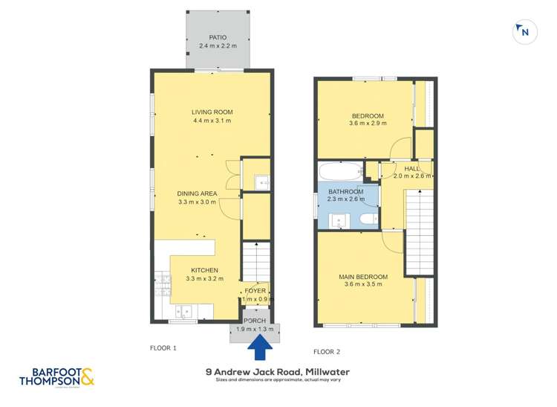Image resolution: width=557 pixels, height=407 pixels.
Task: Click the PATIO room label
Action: click(217, 37)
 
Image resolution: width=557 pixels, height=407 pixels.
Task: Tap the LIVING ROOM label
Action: click(212, 112)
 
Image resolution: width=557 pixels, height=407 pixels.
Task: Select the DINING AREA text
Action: click(197, 193)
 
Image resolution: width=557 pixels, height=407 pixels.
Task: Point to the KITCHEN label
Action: click(204, 270)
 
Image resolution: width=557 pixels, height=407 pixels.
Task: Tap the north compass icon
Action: click(524, 32)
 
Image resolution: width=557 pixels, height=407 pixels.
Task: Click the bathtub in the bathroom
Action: click(340, 170)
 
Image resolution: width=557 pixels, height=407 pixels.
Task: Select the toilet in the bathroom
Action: click(368, 219)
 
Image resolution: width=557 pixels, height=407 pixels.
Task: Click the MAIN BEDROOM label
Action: click(363, 275)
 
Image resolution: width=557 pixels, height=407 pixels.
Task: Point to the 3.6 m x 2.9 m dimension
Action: click(368, 124)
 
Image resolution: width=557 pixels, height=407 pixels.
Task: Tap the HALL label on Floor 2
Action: click(411, 169)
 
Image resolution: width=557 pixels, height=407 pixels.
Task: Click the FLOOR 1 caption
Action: click(163, 347)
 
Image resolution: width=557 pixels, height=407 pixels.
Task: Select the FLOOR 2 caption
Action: click(326, 351)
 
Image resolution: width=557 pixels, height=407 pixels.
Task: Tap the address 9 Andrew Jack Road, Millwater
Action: click(278, 371)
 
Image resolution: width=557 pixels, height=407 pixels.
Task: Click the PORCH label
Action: click(255, 321)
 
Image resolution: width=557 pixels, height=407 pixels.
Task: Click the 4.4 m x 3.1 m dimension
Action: click(212, 121)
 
